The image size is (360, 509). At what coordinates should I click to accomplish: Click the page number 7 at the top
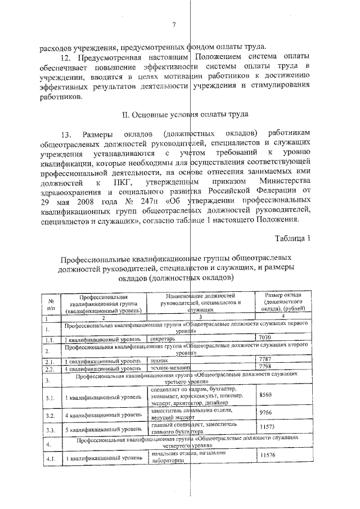click(174, 24)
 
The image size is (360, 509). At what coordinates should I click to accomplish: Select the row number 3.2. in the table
click(50, 416)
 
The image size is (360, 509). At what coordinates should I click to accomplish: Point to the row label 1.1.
click(50, 339)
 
